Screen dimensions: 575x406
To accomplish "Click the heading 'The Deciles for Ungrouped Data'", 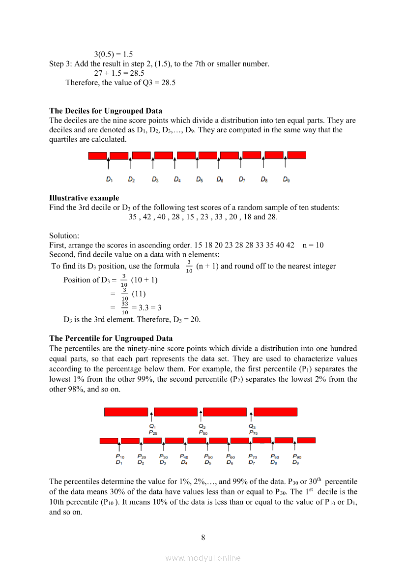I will tap(106, 111).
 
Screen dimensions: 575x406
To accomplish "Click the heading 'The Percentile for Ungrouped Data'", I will tap(111, 338).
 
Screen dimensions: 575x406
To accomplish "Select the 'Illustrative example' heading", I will tap(84, 198).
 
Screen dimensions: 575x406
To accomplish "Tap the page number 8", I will tap(203, 537).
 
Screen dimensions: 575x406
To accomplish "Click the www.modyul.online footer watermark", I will tap(203, 558).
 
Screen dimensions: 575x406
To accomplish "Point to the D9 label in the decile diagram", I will tap(286, 180).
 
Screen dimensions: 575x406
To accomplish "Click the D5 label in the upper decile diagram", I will tap(199, 180).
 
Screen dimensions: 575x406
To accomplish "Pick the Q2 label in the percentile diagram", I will tap(202, 426).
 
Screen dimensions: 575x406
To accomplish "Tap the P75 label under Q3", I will tap(254, 433).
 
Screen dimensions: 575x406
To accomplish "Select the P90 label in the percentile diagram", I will tap(297, 456).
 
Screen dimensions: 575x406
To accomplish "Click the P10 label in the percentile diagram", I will tap(119, 456).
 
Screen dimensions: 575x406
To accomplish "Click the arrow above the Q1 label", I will tap(151, 416).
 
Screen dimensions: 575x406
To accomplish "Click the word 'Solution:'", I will tap(64, 236).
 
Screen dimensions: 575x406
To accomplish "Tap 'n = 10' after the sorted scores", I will tap(313, 245).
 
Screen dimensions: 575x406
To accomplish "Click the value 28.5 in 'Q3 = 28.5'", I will tap(168, 82).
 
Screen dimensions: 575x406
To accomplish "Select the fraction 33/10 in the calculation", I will tap(125, 308).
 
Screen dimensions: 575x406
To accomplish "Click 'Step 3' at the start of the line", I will tap(60, 63).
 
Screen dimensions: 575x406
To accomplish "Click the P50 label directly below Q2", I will tap(203, 433).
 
